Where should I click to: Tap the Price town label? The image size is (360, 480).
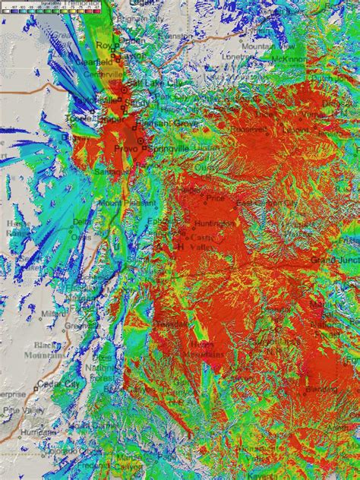(x=216, y=197)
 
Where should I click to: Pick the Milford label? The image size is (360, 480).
(x=54, y=312)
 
